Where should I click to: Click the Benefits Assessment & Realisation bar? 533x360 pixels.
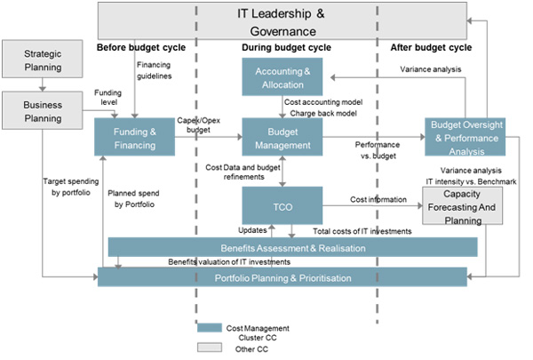point(292,246)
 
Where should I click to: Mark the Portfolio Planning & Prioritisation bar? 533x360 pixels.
point(282,277)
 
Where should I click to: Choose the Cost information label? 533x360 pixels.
point(379,200)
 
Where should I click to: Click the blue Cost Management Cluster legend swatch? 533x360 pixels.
point(208,327)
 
